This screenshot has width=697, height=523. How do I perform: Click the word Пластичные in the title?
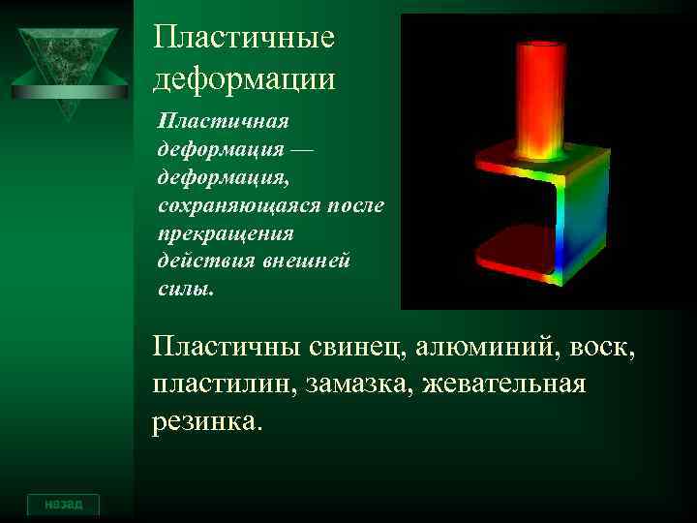point(244,38)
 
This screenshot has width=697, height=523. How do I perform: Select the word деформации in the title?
point(244,77)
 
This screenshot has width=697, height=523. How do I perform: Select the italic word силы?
point(181,289)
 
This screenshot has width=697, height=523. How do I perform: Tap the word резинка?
point(206,422)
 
